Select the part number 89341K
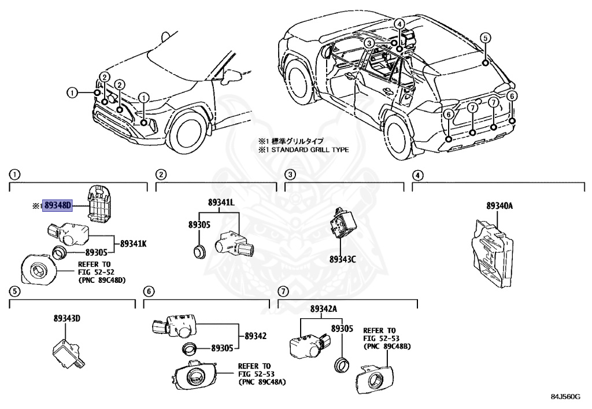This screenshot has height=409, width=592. pyautogui.click(x=134, y=244)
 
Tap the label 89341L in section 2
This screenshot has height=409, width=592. pyautogui.click(x=222, y=202)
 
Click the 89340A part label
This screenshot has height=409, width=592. pyautogui.click(x=499, y=206)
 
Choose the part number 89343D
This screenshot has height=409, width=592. pyautogui.click(x=68, y=318)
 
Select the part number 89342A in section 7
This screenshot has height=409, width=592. pyautogui.click(x=324, y=308)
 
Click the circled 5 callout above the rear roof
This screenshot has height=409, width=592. pyautogui.click(x=486, y=38)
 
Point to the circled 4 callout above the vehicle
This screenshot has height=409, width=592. pyautogui.click(x=399, y=23)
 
